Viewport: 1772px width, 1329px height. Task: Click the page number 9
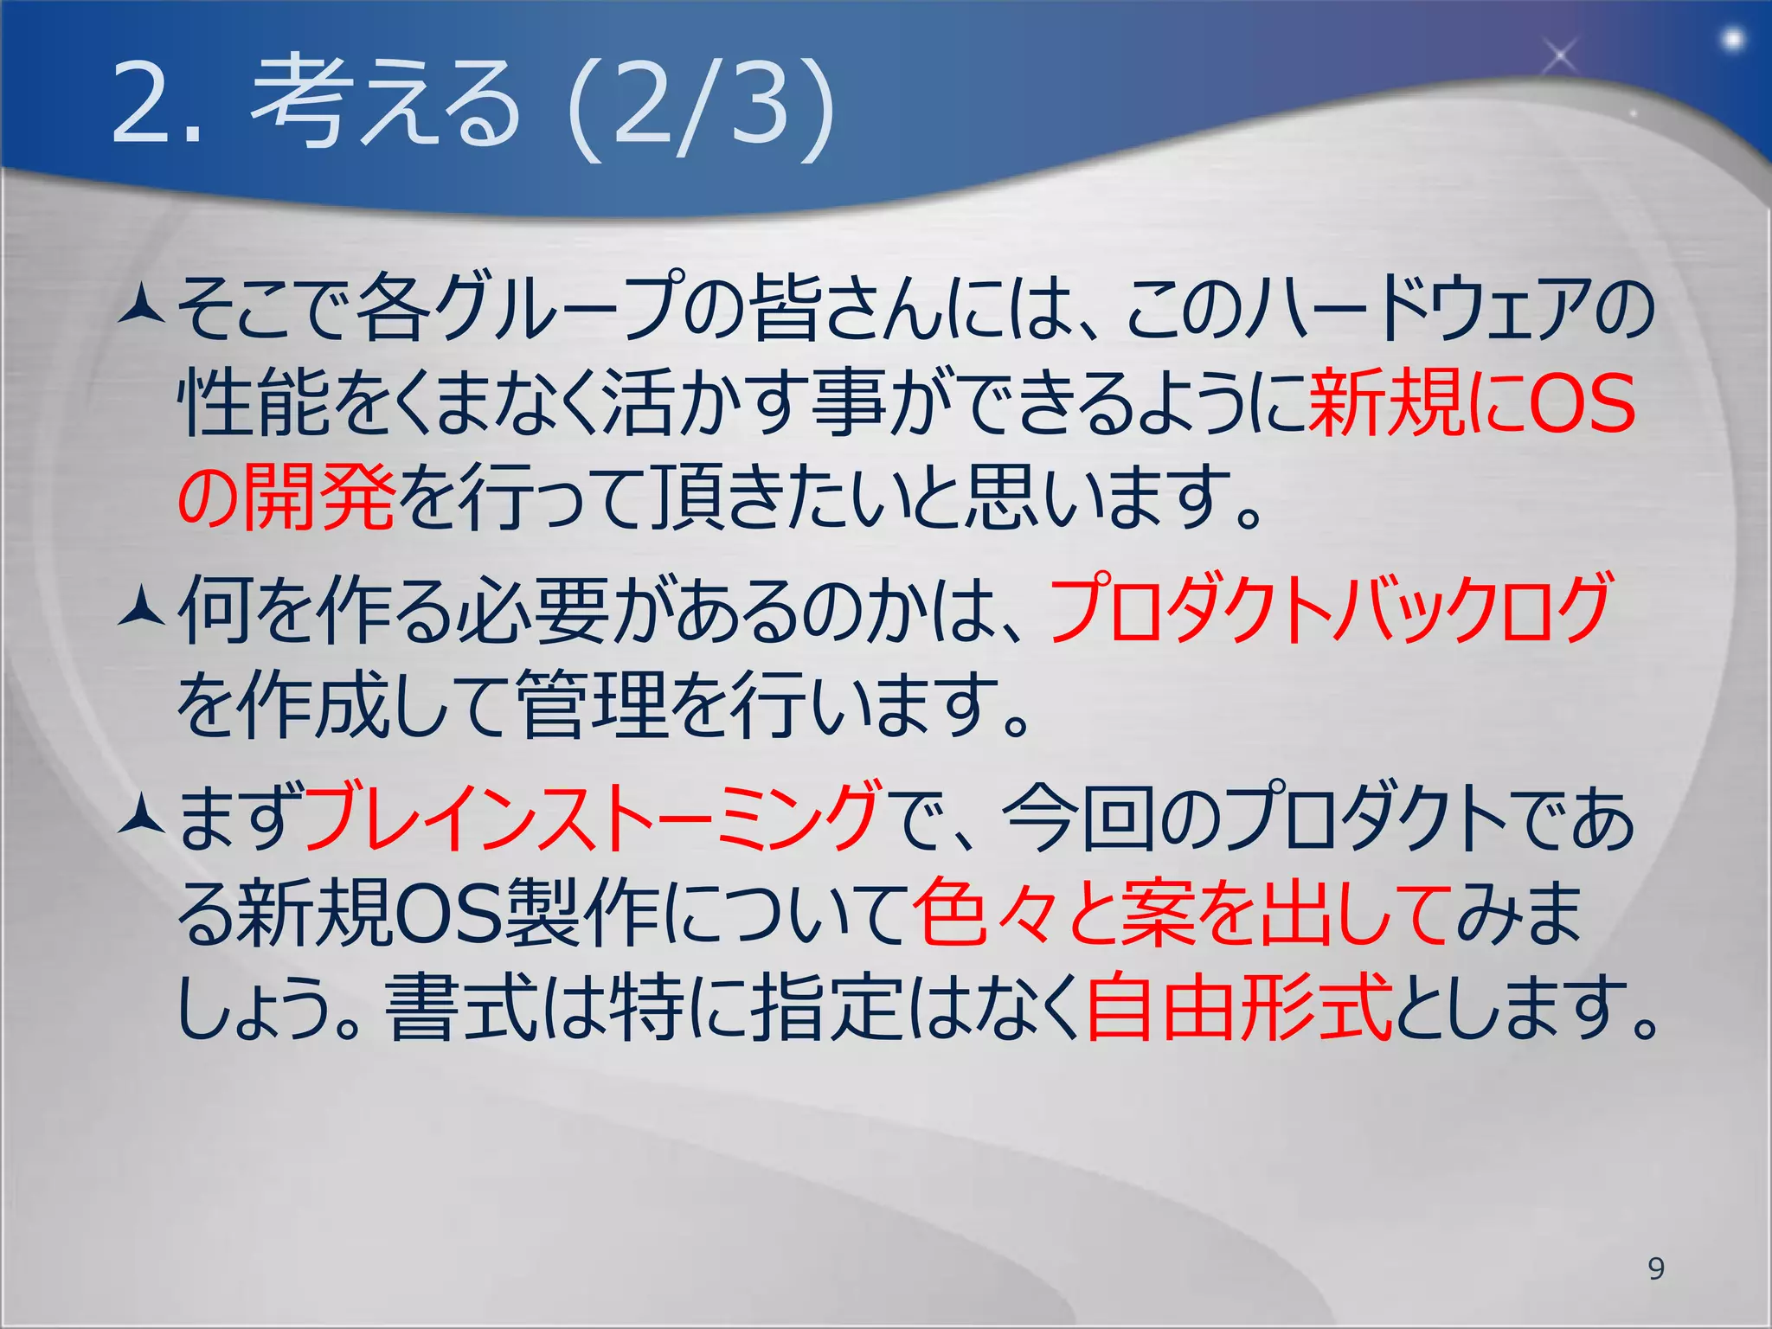1656,1268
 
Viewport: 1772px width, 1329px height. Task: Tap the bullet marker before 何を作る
142,608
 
